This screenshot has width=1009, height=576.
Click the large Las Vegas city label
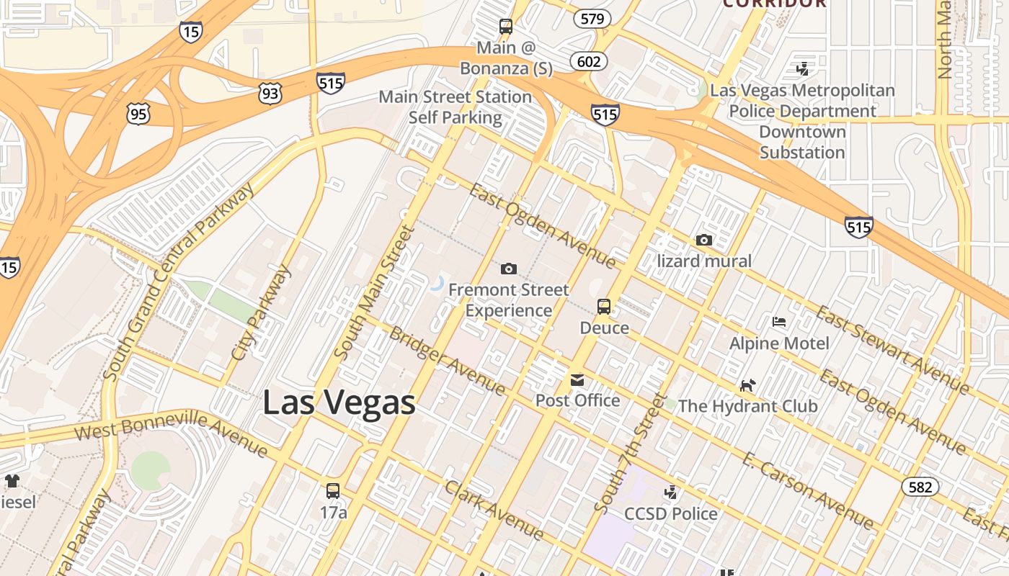339,402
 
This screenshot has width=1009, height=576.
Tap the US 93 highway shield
271,93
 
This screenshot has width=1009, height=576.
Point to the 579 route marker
592,19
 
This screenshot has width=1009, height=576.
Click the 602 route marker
589,61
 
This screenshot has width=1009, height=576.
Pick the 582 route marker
920,487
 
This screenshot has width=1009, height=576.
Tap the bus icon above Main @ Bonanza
506,27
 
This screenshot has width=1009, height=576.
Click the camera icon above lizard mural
704,240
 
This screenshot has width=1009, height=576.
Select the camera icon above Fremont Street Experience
509,269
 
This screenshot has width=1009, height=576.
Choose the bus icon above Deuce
604,307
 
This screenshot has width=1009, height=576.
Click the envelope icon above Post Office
577,379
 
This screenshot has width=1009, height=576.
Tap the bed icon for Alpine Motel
779,321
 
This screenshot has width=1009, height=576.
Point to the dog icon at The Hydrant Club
747,385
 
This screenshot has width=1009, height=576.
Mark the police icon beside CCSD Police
671,492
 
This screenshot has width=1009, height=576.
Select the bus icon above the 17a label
333,491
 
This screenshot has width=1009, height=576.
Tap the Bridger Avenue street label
448,359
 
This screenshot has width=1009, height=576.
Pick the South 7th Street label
628,454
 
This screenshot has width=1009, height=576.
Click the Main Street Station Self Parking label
455,107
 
